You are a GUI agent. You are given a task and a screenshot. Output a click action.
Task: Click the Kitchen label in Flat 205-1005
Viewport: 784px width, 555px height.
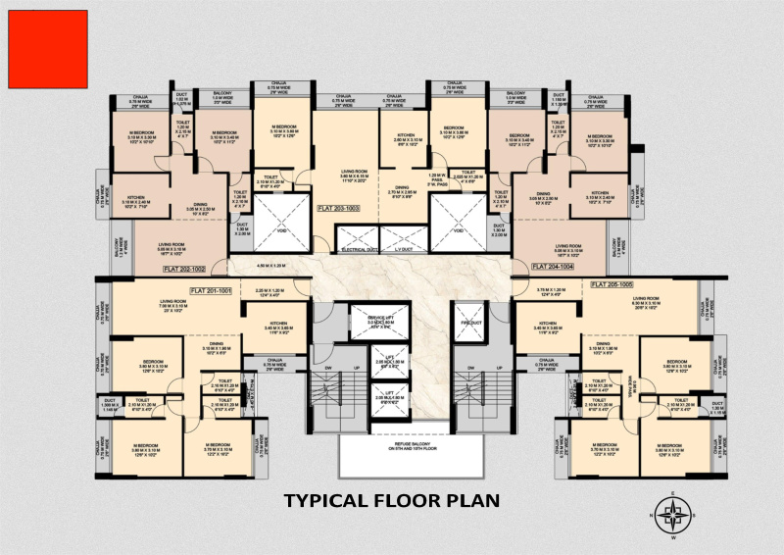547,323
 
